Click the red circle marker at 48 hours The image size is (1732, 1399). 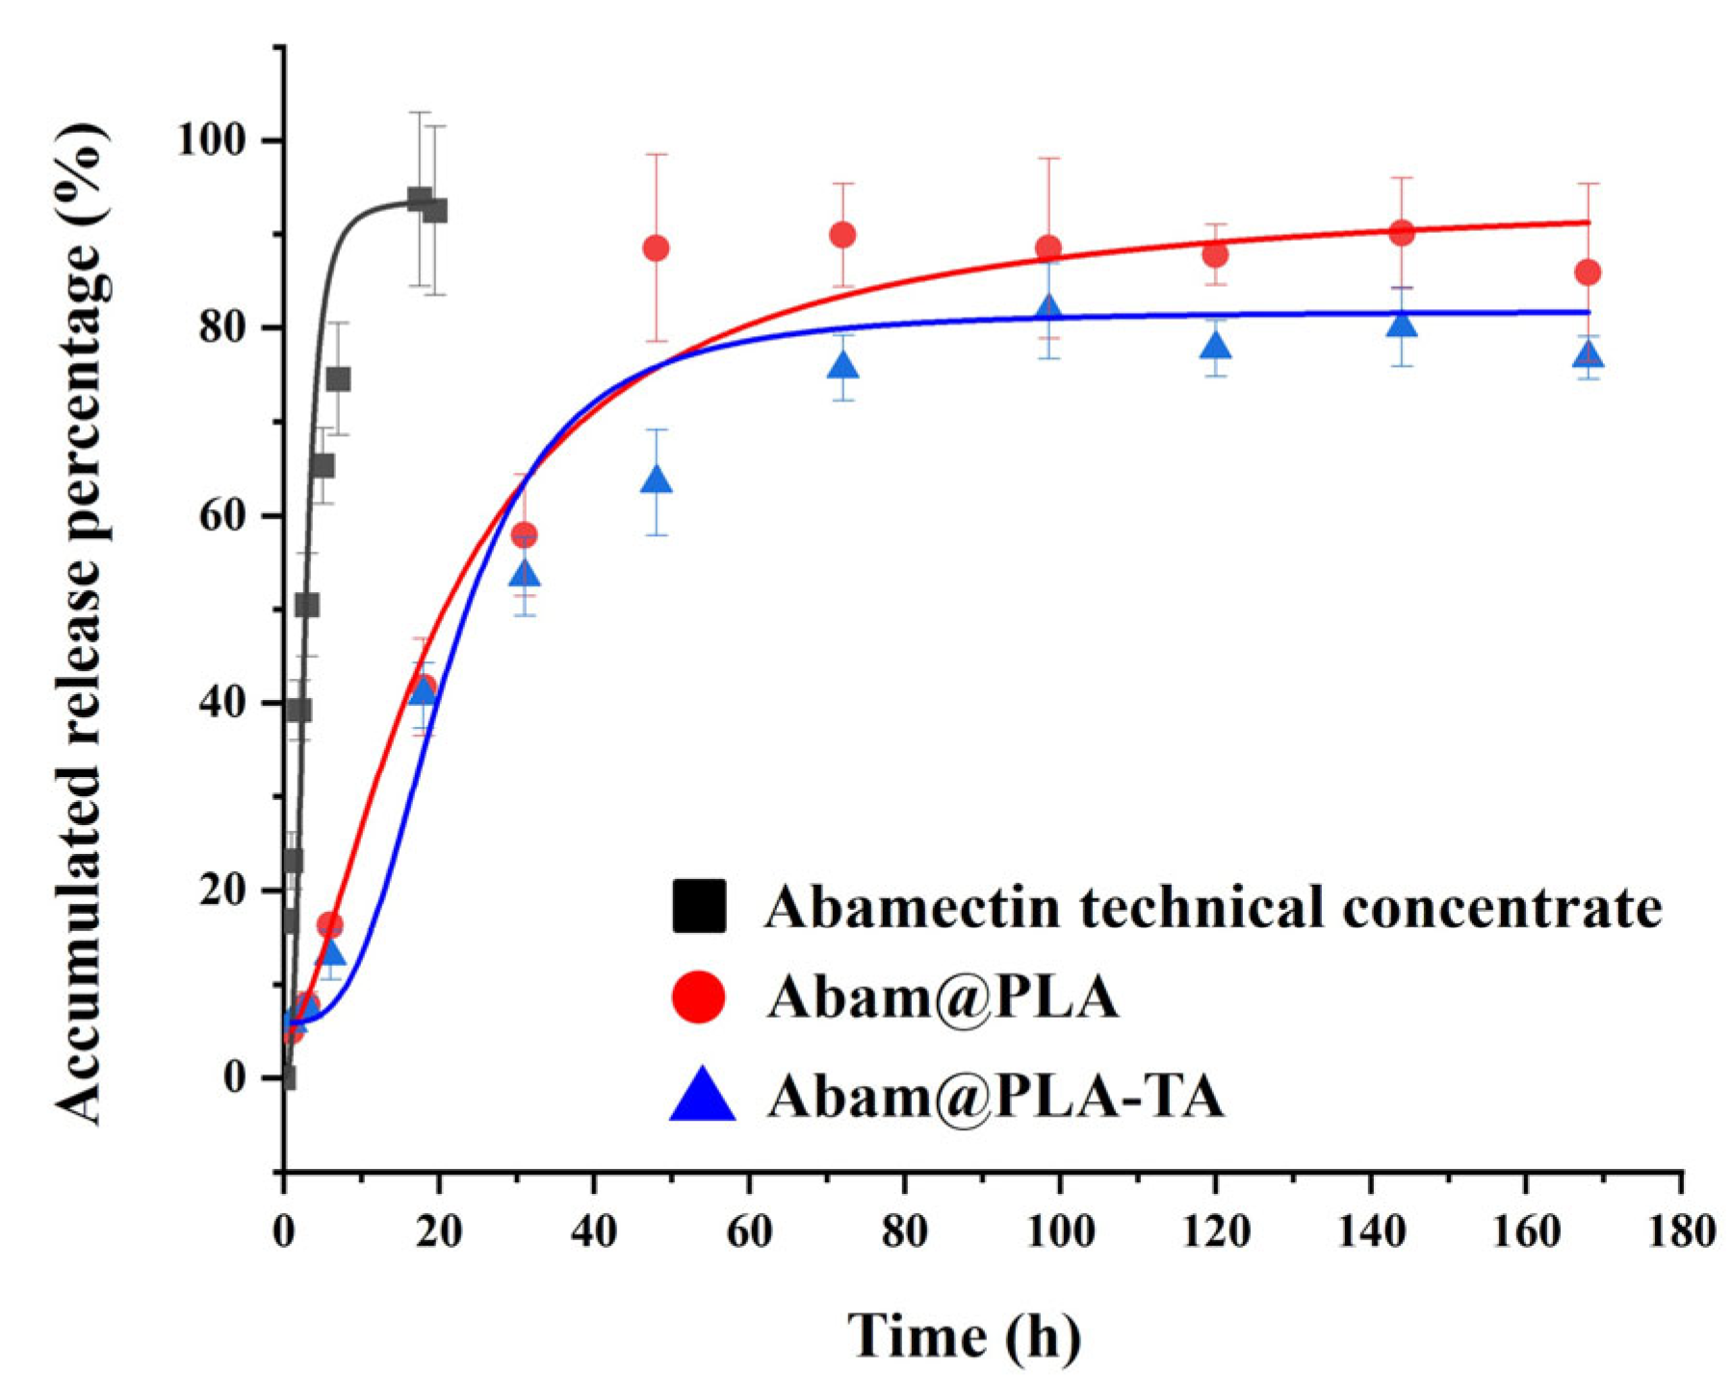[x=656, y=248]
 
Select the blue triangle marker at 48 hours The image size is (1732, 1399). [x=656, y=479]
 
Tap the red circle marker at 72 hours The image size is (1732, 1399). [x=842, y=235]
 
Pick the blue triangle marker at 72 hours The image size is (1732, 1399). [x=842, y=366]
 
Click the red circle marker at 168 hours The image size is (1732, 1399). [x=1588, y=272]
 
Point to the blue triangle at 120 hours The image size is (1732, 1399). [x=1216, y=345]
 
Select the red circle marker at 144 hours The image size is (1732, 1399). [x=1402, y=232]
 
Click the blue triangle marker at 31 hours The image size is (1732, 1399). [x=524, y=575]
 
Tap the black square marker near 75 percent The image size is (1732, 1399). [x=338, y=379]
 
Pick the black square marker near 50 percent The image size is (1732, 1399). [x=307, y=606]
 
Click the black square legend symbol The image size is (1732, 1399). [x=699, y=905]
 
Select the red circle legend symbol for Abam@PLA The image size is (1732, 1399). [x=699, y=997]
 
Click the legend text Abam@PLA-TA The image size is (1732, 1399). [x=995, y=1096]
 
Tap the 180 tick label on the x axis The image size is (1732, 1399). [x=1681, y=1231]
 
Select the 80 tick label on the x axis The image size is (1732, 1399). [x=904, y=1231]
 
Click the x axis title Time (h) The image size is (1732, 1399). [x=964, y=1336]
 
